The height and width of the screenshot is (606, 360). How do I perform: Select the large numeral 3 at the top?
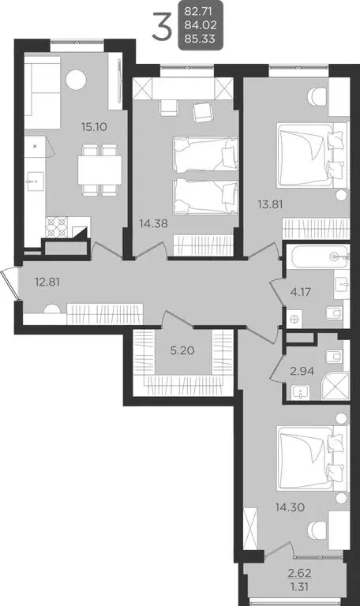point(161,28)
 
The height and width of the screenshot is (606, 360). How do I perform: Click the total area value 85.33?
point(201,38)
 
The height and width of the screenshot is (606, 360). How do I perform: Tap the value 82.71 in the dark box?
point(201,12)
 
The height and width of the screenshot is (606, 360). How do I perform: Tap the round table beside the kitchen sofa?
point(76,79)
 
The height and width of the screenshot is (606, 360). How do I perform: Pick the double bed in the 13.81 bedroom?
point(312,153)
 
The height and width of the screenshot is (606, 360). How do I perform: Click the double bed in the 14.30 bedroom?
point(312,458)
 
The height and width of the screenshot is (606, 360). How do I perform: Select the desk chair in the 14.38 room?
point(203,113)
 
